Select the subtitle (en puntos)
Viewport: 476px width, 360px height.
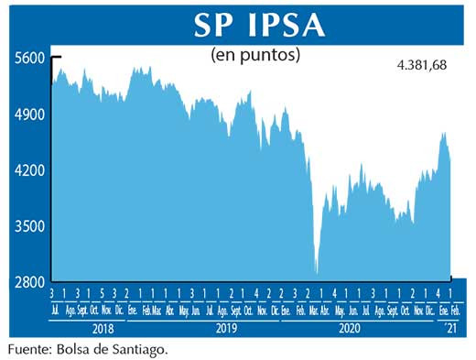256,55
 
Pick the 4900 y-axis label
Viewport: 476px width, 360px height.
29,115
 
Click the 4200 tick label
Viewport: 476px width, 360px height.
29,170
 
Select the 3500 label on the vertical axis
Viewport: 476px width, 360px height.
29,226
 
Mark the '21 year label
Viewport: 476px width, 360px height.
449,327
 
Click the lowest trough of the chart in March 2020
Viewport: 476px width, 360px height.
317,272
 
